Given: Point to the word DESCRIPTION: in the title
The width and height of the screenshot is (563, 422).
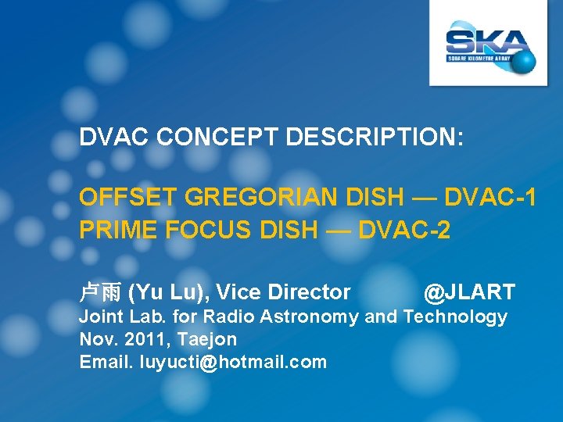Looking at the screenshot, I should [375, 138].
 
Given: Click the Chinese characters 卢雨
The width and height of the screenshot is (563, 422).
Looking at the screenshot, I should [99, 293].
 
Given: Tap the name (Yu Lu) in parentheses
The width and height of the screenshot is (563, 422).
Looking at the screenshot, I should [167, 293].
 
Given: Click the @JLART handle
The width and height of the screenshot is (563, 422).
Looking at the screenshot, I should [469, 293].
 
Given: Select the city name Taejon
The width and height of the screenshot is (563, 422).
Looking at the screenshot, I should [207, 339].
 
